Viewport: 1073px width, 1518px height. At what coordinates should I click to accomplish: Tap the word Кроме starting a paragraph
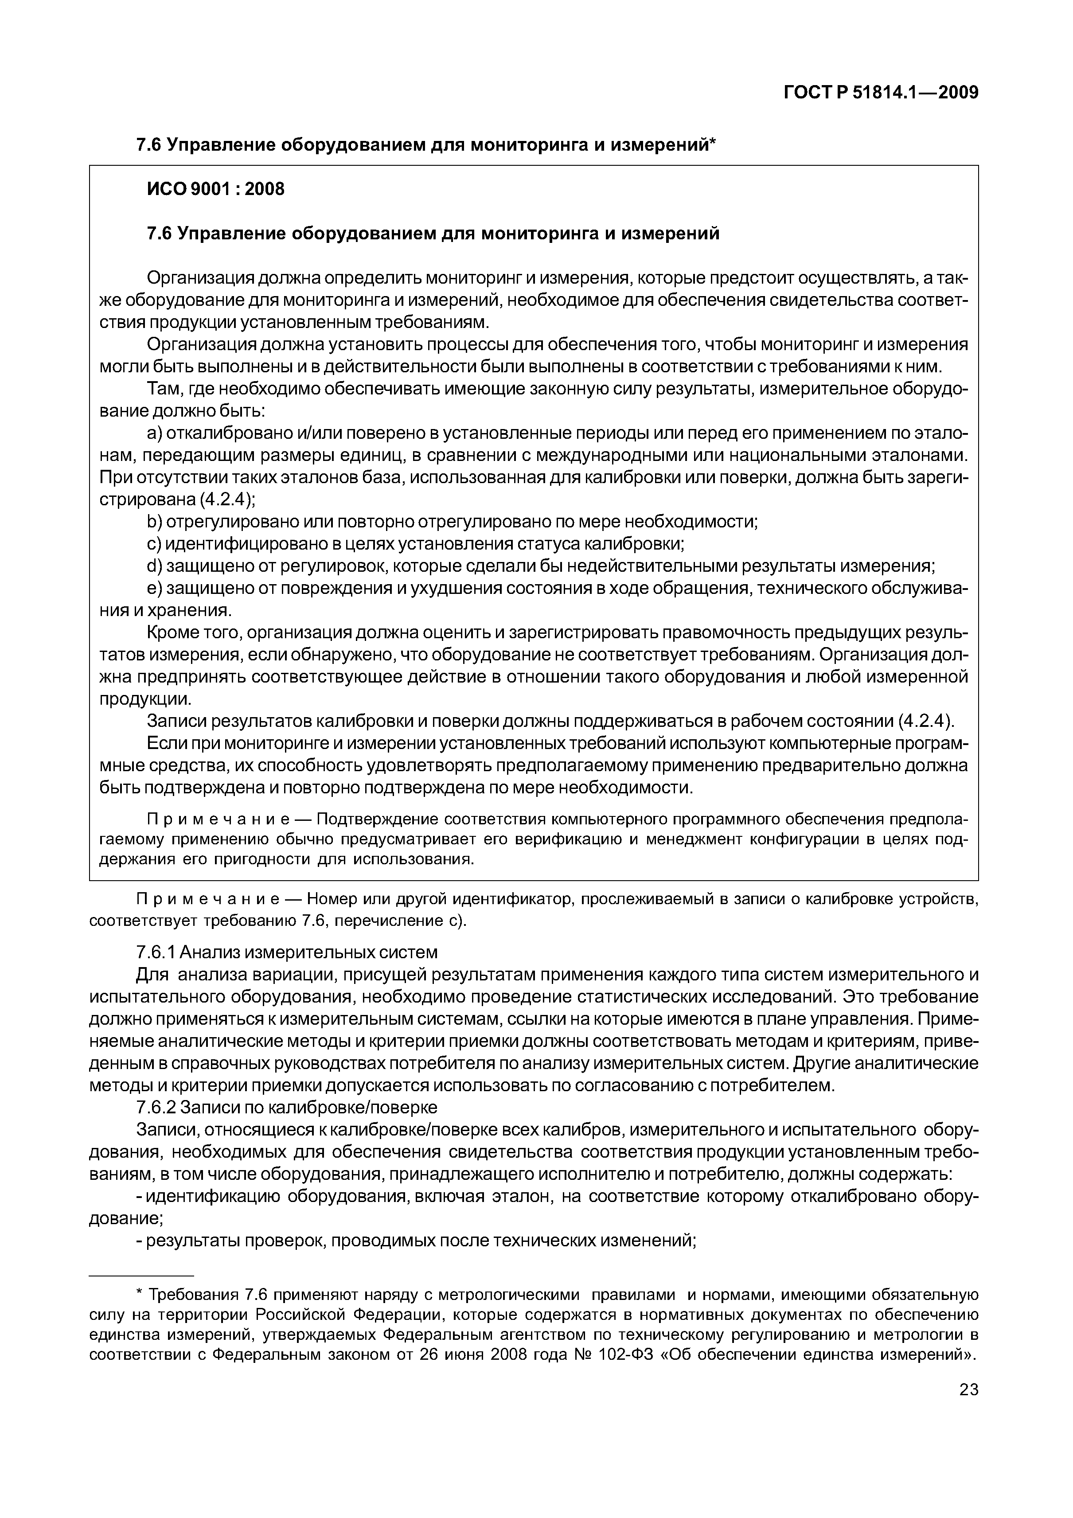pyautogui.click(x=171, y=633)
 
